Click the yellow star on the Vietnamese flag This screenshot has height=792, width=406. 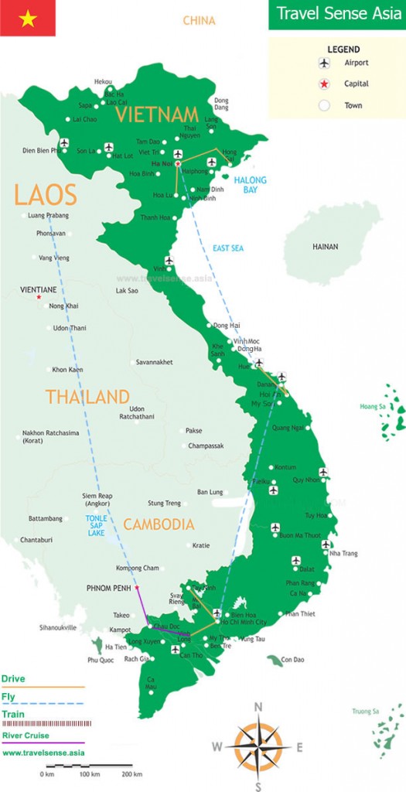click(28, 18)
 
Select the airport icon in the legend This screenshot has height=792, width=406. click(325, 63)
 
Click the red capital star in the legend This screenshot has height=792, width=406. click(325, 84)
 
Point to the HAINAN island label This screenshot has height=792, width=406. click(325, 247)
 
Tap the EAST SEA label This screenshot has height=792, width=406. click(228, 248)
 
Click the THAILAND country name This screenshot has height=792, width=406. click(87, 397)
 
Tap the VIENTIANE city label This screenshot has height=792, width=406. click(39, 289)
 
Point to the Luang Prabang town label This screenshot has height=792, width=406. click(48, 215)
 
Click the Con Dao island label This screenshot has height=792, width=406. click(292, 659)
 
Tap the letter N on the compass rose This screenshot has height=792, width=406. click(258, 706)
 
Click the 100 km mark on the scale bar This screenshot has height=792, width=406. click(90, 773)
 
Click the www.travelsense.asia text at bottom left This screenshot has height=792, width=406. click(43, 752)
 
